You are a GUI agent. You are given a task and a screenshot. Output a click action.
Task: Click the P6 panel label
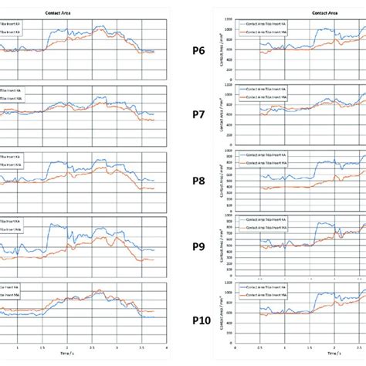tap(198, 53)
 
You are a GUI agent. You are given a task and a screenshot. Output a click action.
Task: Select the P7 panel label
tap(198, 115)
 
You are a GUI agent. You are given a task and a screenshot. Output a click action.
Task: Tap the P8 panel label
tap(198, 182)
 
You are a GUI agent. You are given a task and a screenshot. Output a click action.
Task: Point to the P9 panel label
tap(198, 248)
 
